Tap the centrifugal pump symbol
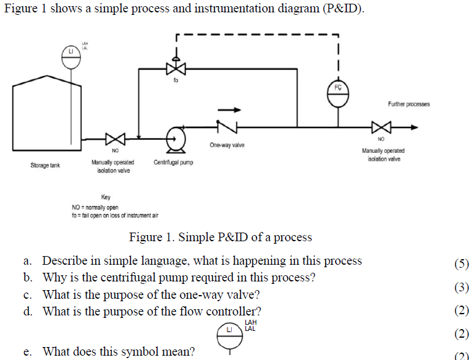176,137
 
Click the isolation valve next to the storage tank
115,138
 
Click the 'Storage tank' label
45,166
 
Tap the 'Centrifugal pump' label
173,163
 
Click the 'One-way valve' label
227,145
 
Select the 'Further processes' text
409,104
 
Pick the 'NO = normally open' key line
95,207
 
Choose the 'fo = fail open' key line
115,215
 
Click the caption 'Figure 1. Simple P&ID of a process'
220,238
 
